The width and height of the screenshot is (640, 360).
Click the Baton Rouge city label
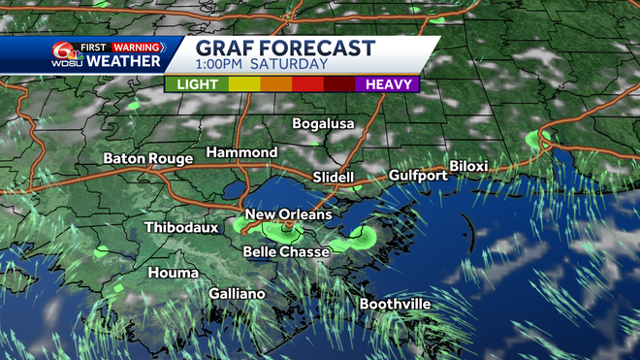coord(144,158)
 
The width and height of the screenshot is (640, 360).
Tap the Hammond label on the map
coord(241,153)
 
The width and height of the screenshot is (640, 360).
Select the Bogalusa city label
coord(324,124)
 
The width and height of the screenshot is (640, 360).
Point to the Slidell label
coord(334,178)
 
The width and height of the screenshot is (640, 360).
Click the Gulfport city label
coord(418,176)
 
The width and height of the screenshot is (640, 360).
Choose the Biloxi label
coord(468,166)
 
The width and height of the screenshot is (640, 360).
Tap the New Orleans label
coord(289,214)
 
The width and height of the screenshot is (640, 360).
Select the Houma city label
coord(174,274)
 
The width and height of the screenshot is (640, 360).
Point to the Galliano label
coord(237,294)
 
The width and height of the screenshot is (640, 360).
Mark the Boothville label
coord(395,305)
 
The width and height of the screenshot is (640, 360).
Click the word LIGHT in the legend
coord(197,84)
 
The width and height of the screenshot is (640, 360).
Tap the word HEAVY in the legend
coord(386,84)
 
